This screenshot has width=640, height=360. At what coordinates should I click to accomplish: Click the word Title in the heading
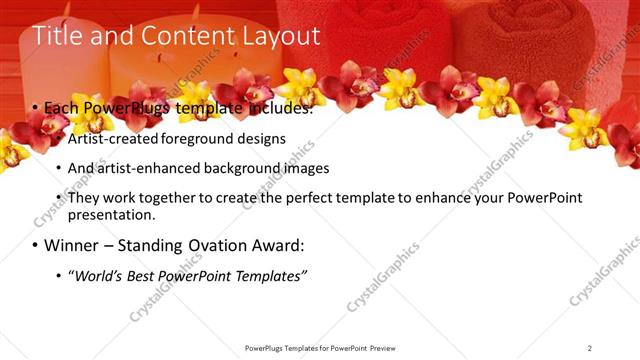[57, 36]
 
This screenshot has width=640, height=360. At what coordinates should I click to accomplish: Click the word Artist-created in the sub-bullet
[109, 139]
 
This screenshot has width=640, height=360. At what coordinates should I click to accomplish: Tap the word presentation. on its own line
[112, 215]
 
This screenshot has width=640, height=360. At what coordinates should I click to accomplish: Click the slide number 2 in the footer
[589, 348]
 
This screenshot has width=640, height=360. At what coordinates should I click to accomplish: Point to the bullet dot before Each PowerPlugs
[35, 108]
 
